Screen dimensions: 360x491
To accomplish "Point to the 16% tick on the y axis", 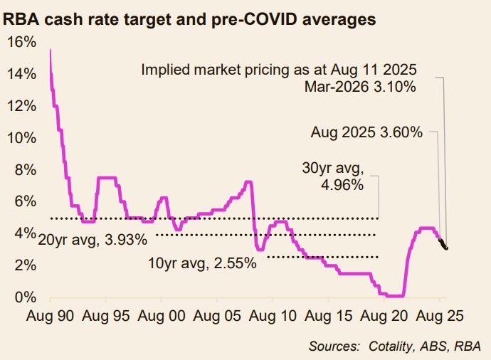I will coord(22,42).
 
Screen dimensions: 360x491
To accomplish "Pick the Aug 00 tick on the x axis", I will coord(159,314).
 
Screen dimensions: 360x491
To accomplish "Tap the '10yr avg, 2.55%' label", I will coord(201,265).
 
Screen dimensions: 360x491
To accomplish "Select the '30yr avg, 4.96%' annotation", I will coord(335,177).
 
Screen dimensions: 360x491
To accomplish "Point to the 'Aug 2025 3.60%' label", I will coord(367,132).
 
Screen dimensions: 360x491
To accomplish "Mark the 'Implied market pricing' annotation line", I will coord(278,70).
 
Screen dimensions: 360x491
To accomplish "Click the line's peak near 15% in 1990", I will coord(50,51).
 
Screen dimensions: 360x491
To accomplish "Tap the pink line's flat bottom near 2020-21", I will coord(394,295).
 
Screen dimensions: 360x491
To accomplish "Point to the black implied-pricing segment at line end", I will coord(443,244).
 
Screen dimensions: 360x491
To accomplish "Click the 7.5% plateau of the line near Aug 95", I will coord(107,177).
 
